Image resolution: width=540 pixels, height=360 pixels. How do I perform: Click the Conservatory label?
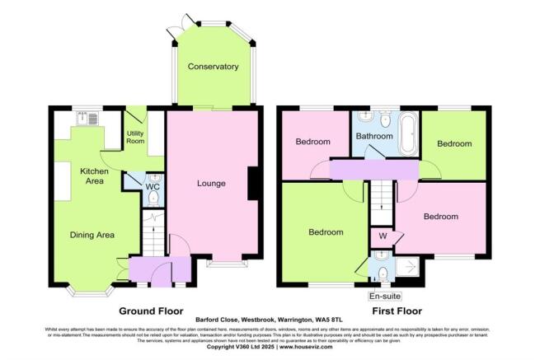(x=213, y=67)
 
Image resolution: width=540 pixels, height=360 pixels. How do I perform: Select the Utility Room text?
(x=136, y=137)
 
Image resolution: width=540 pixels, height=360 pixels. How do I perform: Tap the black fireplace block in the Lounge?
(x=252, y=184)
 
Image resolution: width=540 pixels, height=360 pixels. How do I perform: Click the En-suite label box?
(x=383, y=294)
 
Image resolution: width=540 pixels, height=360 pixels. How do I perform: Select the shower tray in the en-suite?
(x=407, y=267)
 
